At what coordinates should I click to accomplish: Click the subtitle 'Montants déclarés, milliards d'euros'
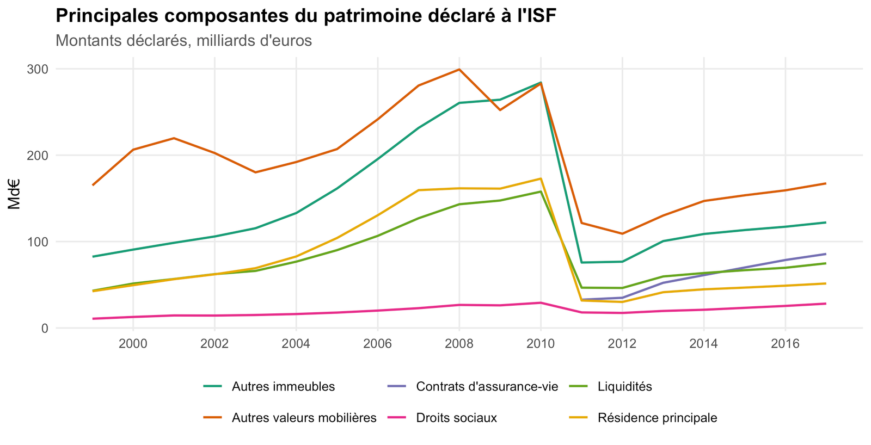183,41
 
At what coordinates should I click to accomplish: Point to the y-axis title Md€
14,194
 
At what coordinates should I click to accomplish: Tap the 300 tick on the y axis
38,70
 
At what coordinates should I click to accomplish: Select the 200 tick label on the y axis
38,156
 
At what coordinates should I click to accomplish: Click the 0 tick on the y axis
45,329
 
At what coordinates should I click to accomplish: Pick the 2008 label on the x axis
459,344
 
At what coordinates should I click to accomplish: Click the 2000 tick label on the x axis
133,344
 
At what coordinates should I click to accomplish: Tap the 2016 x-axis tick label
785,344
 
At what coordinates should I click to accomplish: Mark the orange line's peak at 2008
459,70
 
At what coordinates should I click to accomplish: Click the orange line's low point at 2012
622,233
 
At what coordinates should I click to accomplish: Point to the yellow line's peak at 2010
541,179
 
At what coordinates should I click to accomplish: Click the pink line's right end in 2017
825,304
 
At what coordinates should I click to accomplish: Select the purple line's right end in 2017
825,254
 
